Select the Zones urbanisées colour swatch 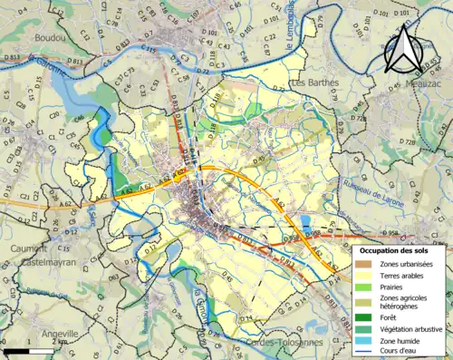(366, 263)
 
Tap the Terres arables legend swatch (366, 276)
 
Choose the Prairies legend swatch (366, 288)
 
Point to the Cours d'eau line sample (366, 355)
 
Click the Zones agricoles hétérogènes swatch (366, 301)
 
